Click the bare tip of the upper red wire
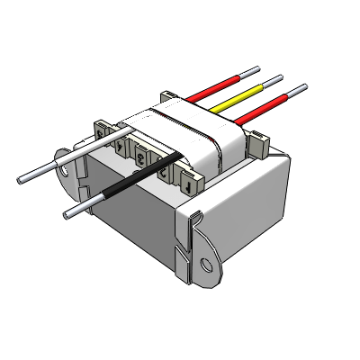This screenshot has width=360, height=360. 250,69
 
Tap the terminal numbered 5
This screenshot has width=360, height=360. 101,132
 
